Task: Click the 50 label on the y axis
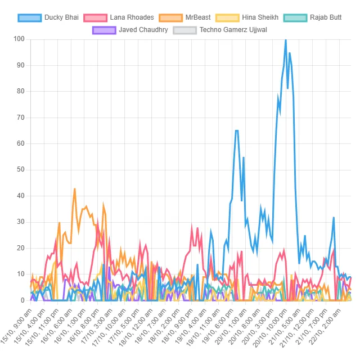click(x=21, y=169)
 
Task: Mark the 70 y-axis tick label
click(x=21, y=117)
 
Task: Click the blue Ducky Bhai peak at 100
click(x=286, y=39)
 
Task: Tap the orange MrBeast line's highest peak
click(x=75, y=189)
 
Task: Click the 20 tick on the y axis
click(x=21, y=248)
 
